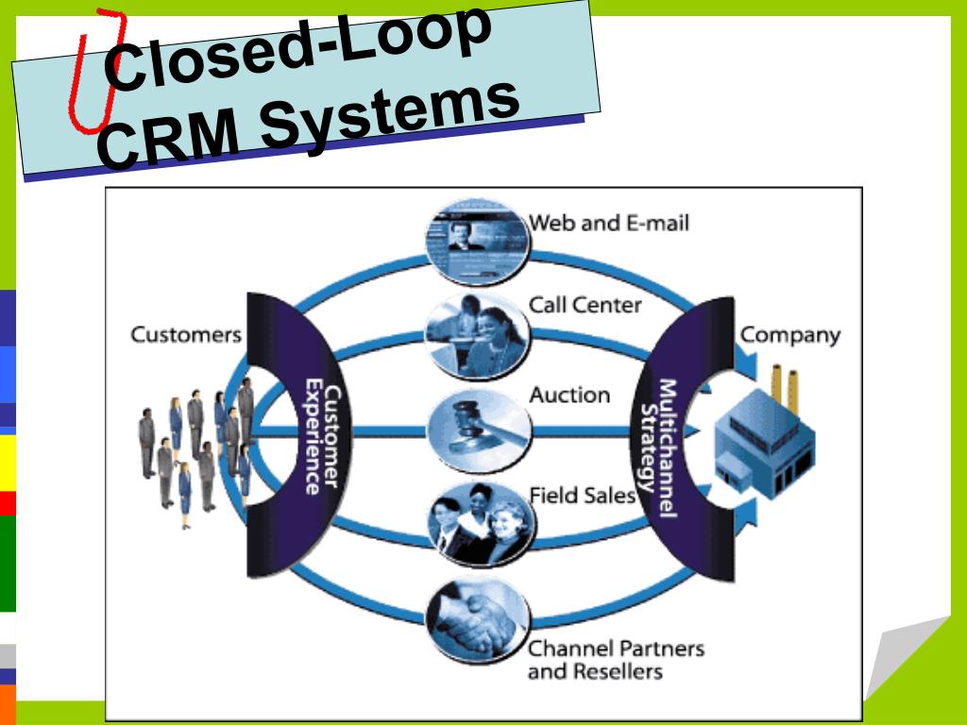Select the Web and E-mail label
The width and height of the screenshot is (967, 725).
pos(609,223)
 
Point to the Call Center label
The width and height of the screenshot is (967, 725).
pos(585,305)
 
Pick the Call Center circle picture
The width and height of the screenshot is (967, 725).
pos(477,335)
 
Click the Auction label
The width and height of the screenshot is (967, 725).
pos(569,395)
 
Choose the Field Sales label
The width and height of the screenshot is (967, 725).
pos(582,495)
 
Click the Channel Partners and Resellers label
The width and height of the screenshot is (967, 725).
pos(615,660)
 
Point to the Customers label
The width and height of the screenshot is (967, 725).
pos(186,334)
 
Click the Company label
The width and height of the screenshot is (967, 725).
pos(789,334)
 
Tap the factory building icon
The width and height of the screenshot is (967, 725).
pos(763,448)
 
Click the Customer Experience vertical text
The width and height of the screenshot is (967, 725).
pos(314,436)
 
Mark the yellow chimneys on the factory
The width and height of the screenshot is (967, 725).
pos(784,388)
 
